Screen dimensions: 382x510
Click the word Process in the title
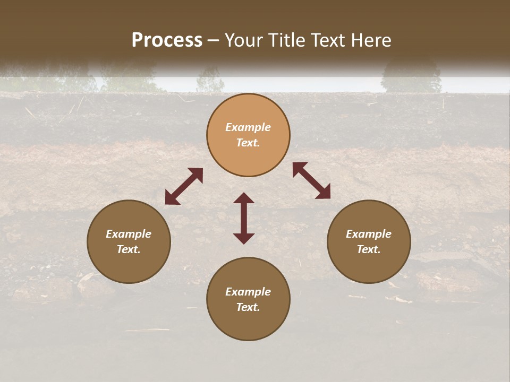click(167, 40)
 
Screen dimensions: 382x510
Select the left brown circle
click(129, 241)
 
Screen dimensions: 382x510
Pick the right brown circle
click(369, 241)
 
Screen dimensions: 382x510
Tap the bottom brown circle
click(248, 299)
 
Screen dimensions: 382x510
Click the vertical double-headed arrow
click(244, 218)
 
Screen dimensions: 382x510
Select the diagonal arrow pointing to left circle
click(184, 186)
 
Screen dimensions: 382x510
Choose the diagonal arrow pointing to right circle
click(311, 180)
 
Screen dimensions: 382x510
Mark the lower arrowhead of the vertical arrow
click(244, 238)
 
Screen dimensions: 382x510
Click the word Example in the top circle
click(248, 127)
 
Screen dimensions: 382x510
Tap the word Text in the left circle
click(129, 249)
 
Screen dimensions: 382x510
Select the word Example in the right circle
click(369, 234)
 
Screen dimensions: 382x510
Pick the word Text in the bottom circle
click(248, 307)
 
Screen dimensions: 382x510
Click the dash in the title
click(214, 40)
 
